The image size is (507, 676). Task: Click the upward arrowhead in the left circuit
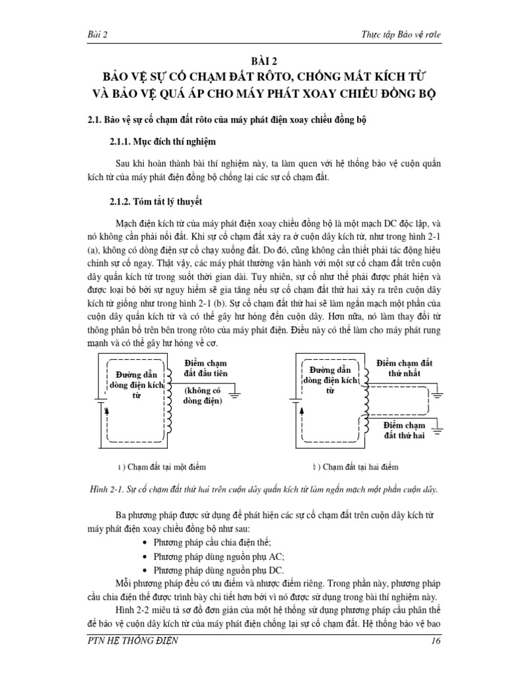point(105,411)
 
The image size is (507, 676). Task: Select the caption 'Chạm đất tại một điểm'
point(166,467)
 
